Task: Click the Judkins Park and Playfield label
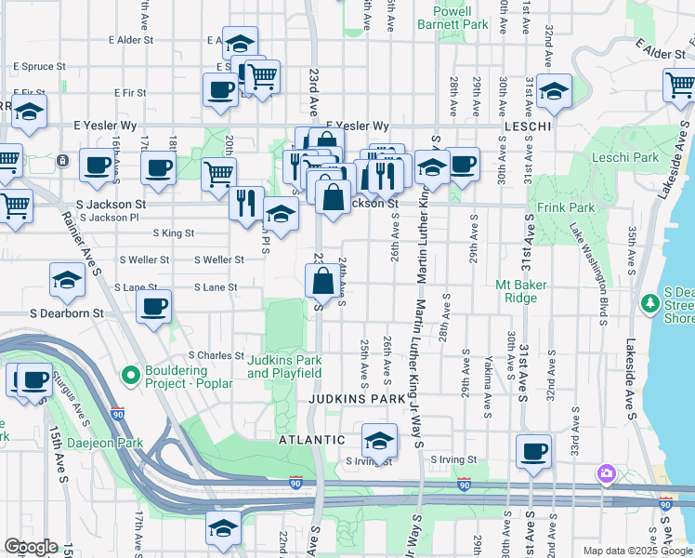click(284, 365)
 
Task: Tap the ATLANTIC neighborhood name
click(313, 439)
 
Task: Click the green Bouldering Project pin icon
click(131, 376)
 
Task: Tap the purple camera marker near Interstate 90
click(607, 474)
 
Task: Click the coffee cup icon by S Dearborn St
click(154, 307)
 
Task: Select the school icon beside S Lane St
click(67, 281)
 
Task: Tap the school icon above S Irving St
click(379, 440)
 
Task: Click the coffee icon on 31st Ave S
click(533, 452)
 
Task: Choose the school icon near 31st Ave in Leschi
click(554, 92)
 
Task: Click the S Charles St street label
click(216, 355)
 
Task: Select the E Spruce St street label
click(40, 67)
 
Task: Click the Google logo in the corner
click(30, 547)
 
